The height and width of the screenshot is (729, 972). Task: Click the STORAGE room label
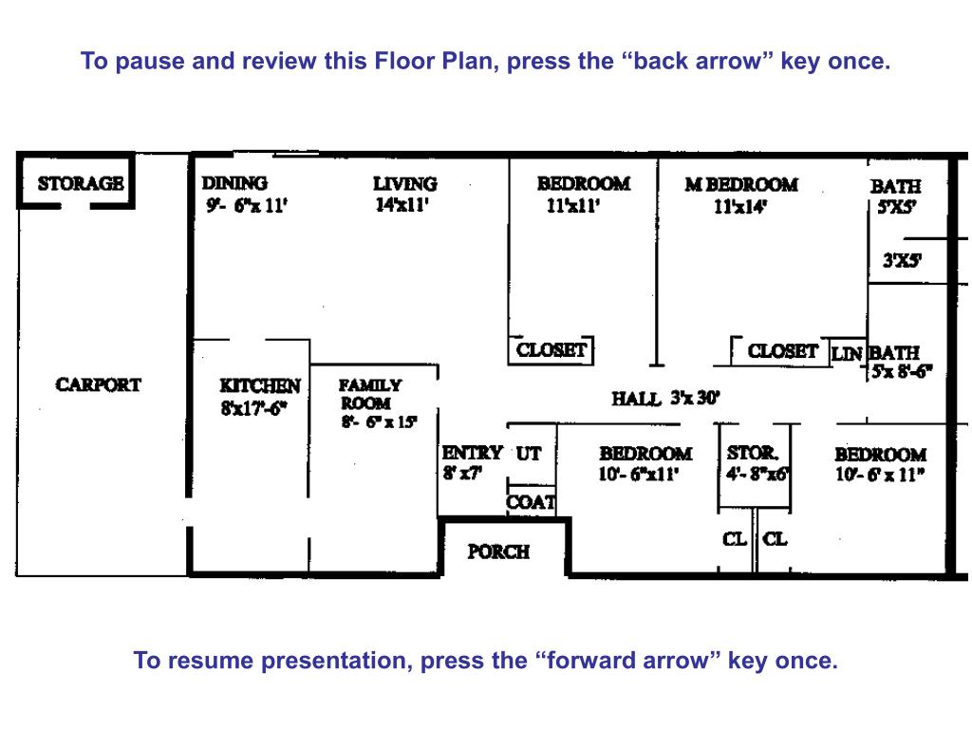click(x=81, y=183)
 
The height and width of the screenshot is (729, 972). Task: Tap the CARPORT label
click(x=98, y=384)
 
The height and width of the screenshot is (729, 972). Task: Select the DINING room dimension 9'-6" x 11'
click(x=247, y=205)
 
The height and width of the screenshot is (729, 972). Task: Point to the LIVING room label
click(x=404, y=183)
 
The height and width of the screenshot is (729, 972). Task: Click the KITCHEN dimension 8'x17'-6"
click(x=254, y=408)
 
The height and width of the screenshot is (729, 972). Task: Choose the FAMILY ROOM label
click(x=370, y=394)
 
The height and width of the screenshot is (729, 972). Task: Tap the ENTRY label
click(x=472, y=453)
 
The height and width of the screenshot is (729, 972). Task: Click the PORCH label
click(x=498, y=551)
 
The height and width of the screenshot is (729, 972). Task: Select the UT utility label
click(x=529, y=454)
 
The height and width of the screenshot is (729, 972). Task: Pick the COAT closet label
click(x=531, y=502)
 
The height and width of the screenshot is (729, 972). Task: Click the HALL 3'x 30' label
click(x=665, y=398)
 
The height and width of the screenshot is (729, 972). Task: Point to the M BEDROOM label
click(x=741, y=185)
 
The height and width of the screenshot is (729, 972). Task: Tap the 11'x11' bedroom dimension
click(x=572, y=205)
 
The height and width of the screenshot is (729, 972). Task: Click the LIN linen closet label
click(x=846, y=354)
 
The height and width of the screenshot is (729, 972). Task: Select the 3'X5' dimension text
click(x=902, y=260)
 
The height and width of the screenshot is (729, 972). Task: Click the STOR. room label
click(x=753, y=453)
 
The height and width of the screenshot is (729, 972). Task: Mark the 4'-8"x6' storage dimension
click(x=757, y=475)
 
